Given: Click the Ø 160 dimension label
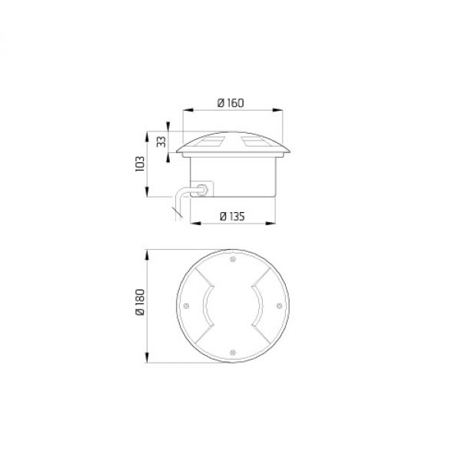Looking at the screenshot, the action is coord(230,103).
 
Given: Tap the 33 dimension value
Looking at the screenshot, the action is coord(161,141).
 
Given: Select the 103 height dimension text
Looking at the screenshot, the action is coord(140,164).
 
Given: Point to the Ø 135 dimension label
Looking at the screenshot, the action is coord(232,217).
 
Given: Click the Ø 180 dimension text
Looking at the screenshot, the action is coord(141,302).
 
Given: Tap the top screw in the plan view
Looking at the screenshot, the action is coord(233,259).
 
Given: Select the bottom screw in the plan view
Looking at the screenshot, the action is coord(233,352).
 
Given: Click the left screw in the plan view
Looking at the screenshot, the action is coord(186,306).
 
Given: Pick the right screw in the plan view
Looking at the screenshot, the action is coord(280,306).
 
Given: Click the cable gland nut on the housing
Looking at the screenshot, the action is coord(203,190).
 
